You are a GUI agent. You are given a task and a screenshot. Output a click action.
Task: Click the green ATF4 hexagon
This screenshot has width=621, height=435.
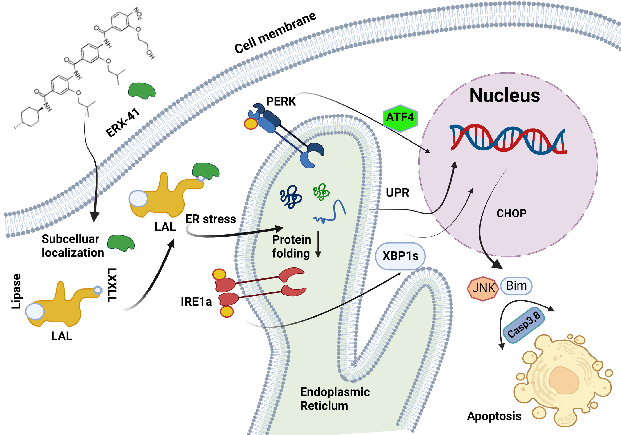point(400,118)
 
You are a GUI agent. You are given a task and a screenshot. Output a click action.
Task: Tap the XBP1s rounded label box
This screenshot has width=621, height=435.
point(400,256)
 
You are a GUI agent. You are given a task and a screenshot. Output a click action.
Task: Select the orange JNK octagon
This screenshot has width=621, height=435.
point(483,288)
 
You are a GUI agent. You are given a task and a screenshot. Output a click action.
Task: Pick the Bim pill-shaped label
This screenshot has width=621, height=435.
point(516,285)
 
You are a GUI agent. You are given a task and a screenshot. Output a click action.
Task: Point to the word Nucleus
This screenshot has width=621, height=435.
point(505,96)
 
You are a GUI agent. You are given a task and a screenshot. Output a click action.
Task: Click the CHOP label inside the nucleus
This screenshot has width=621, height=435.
point(511,214)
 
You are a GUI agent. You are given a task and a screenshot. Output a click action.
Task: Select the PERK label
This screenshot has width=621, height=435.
point(281,101)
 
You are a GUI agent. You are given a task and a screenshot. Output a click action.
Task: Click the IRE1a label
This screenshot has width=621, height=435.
point(196,302)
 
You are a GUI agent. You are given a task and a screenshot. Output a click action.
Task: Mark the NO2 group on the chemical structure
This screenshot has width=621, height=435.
point(138,14)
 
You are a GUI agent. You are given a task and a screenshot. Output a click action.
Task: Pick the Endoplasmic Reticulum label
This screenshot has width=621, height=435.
point(335,399)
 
